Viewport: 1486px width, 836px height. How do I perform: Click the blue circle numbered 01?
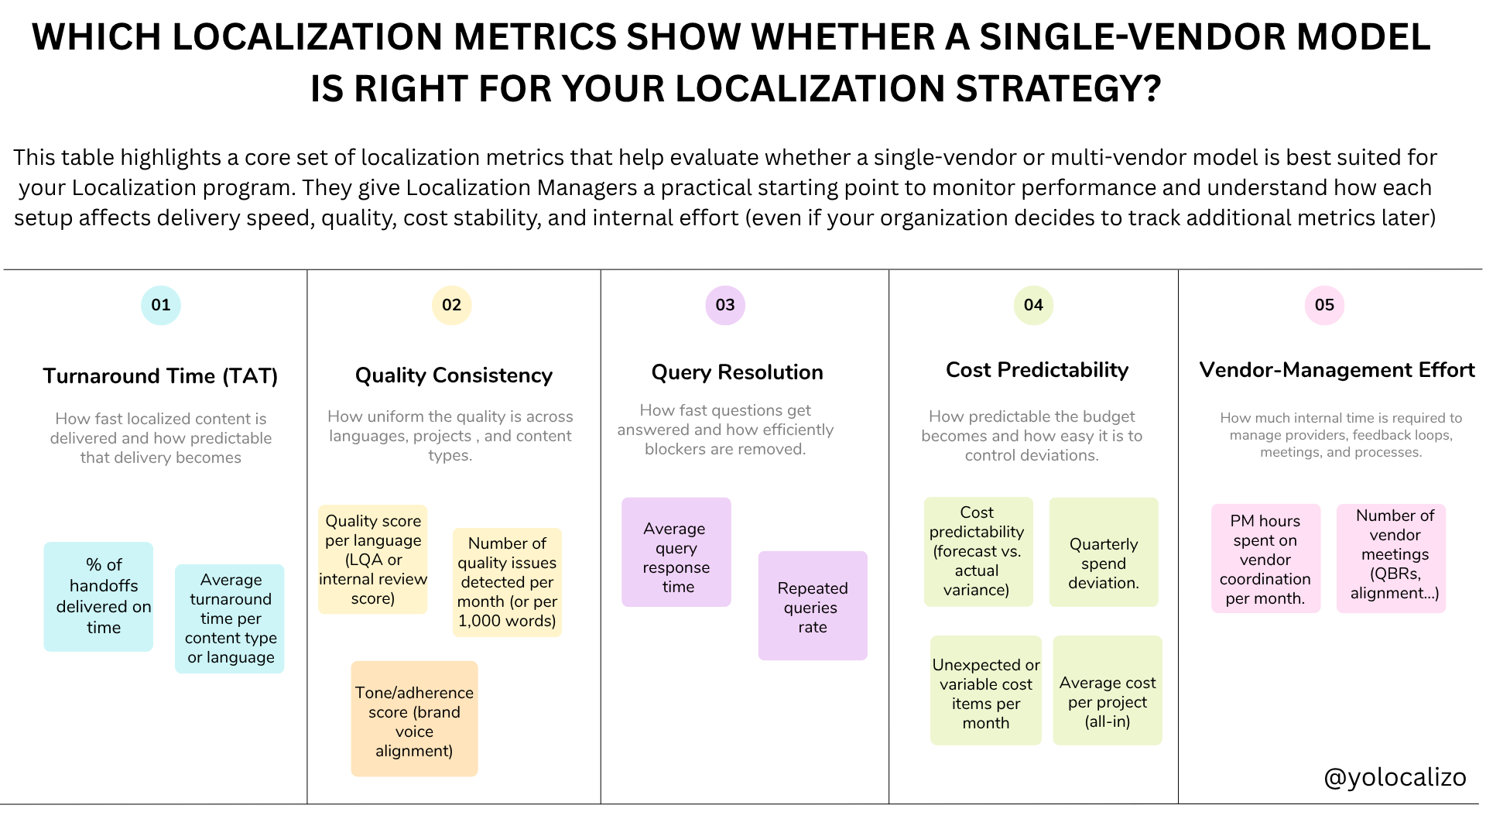(161, 305)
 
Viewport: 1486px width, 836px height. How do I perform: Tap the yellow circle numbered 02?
(451, 305)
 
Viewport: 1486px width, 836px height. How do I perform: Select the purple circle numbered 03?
(725, 305)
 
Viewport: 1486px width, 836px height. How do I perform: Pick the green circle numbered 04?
(1033, 305)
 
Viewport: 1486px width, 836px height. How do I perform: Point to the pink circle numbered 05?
(1324, 305)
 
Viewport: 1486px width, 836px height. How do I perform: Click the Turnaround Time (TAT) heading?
(160, 376)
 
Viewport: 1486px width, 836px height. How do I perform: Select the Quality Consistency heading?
(454, 375)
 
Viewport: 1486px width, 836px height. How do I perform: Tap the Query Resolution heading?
(737, 372)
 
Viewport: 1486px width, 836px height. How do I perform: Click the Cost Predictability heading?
(1037, 370)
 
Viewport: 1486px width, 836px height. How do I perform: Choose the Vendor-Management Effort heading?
(1337, 370)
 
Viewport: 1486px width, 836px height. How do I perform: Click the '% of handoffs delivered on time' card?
(99, 596)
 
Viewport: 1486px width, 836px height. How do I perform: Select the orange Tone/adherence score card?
(414, 719)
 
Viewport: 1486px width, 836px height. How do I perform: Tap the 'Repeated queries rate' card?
(813, 606)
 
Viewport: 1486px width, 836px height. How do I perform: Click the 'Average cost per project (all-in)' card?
(1108, 691)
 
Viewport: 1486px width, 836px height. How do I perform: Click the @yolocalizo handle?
(1395, 776)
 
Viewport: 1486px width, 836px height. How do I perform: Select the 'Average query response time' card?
(676, 553)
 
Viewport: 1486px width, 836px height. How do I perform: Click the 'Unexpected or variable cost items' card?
(986, 691)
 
